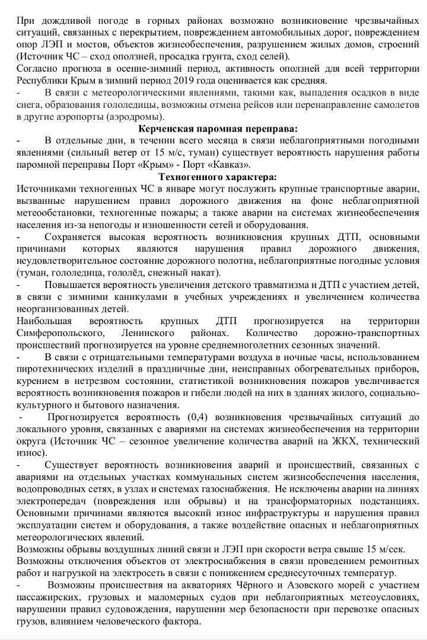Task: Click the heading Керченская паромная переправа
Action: (217, 129)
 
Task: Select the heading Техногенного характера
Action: (217, 176)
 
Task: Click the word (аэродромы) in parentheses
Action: (143, 116)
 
